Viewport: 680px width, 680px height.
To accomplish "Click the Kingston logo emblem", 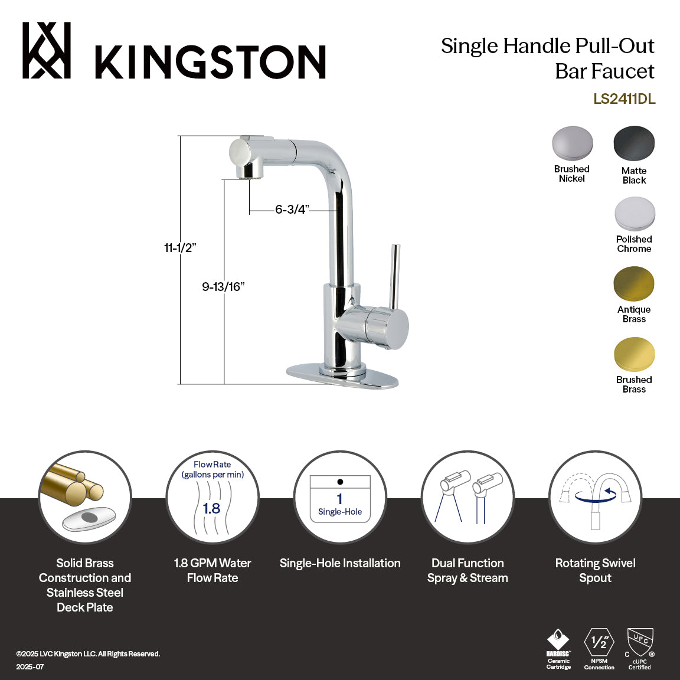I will click(x=47, y=51).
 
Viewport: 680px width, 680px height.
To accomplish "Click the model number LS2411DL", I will click(x=624, y=99).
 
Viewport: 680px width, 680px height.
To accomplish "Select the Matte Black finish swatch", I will click(x=634, y=143).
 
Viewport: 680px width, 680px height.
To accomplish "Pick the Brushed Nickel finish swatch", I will click(x=572, y=143).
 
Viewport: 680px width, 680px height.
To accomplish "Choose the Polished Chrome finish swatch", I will click(x=634, y=214).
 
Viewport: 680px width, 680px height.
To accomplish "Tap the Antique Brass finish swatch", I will click(x=634, y=284).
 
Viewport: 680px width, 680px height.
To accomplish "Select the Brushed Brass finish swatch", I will click(x=634, y=354).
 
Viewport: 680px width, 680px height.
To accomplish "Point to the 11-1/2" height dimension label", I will click(x=180, y=248).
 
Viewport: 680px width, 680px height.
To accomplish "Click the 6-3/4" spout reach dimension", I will click(x=292, y=210).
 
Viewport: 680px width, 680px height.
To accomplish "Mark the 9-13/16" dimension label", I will click(x=223, y=287).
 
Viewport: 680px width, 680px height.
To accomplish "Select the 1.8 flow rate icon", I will click(x=212, y=497).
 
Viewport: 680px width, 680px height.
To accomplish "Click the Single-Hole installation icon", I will click(x=340, y=497).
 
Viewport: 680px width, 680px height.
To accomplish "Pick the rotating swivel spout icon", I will click(x=595, y=497).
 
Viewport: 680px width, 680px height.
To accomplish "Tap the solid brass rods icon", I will click(x=84, y=497).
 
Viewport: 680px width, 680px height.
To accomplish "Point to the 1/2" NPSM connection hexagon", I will click(x=599, y=642).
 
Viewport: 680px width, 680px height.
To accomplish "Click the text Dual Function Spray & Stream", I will click(x=467, y=571).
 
